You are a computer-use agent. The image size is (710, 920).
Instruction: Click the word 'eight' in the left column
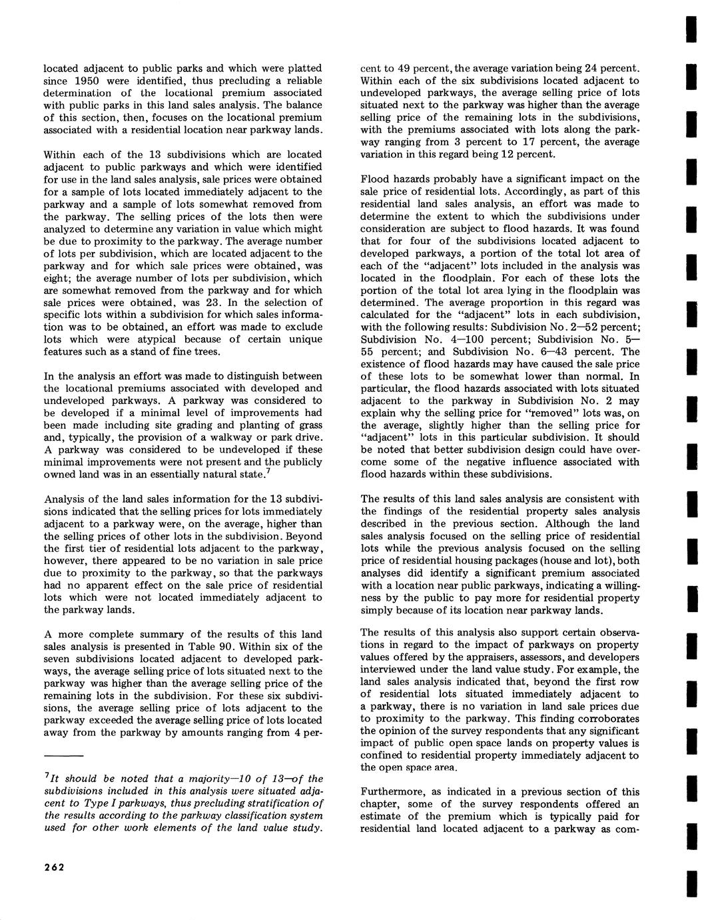point(56,278)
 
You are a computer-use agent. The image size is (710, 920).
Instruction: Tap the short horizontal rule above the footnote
point(63,756)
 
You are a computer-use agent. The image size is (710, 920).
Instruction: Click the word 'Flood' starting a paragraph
point(374,179)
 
